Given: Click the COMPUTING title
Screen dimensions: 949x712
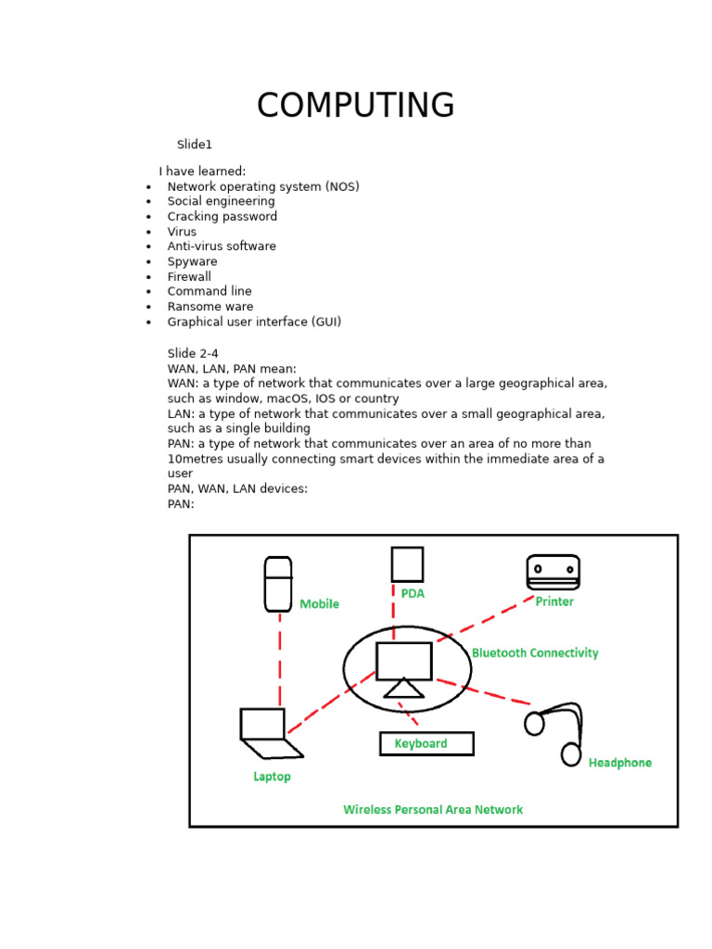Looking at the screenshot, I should tap(355, 106).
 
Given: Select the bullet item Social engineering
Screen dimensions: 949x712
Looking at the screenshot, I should tap(221, 201).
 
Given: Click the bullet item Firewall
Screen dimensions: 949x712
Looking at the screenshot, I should tap(189, 276).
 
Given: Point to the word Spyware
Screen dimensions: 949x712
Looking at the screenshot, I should tap(192, 261).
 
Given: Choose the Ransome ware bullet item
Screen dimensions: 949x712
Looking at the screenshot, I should tap(210, 306).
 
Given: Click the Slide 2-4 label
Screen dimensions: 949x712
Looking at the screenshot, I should tap(193, 353).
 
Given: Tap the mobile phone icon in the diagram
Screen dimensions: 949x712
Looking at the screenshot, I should tap(277, 583).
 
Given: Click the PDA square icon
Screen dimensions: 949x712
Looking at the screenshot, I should tap(407, 564).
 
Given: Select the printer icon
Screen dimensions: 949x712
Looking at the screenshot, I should tap(553, 572).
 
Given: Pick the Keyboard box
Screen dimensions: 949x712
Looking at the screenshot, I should tap(426, 743).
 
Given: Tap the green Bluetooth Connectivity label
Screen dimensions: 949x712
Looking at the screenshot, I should tap(535, 653).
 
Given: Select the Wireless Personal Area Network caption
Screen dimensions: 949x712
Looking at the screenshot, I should tap(433, 810).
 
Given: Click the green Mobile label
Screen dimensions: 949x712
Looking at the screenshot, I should tap(320, 604).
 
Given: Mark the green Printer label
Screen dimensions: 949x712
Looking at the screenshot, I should tap(554, 602).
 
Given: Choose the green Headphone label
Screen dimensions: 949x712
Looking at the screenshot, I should tap(620, 763).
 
